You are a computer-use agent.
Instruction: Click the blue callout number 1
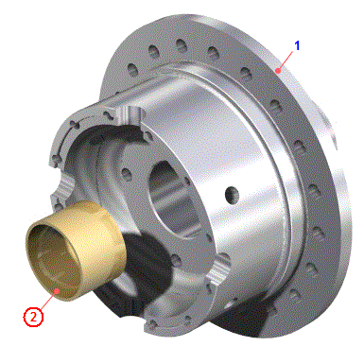coord(297,45)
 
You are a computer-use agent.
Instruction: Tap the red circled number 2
coord(33,317)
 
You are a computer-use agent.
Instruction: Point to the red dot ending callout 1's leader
coord(278,71)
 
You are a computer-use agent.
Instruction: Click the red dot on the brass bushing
coord(57,290)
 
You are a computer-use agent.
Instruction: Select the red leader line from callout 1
coord(286,61)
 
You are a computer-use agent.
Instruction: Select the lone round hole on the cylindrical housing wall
coord(233,195)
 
